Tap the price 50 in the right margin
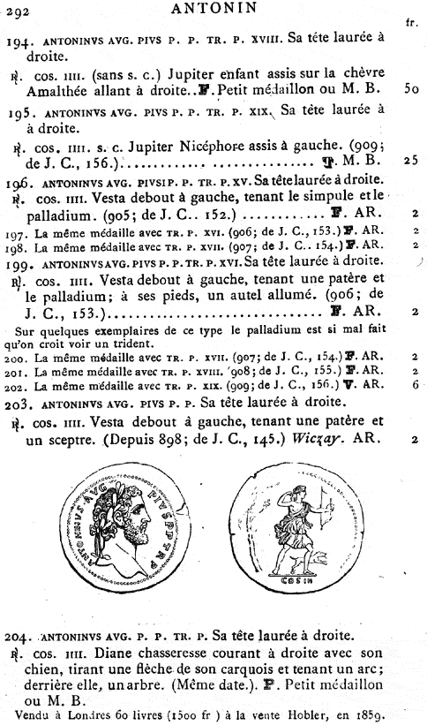tap(409, 90)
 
